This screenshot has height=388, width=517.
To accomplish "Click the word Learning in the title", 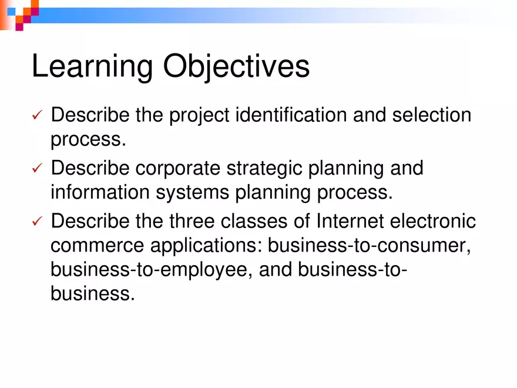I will [92, 67].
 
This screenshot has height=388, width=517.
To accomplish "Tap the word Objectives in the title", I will [236, 67].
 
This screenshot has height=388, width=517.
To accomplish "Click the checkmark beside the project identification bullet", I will [36, 116].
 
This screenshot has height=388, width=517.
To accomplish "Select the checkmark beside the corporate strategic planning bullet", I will [36, 169].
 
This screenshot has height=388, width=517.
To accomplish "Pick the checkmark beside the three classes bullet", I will [36, 222].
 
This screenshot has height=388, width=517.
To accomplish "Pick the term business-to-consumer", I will [369, 246].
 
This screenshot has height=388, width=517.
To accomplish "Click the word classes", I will [256, 222].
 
